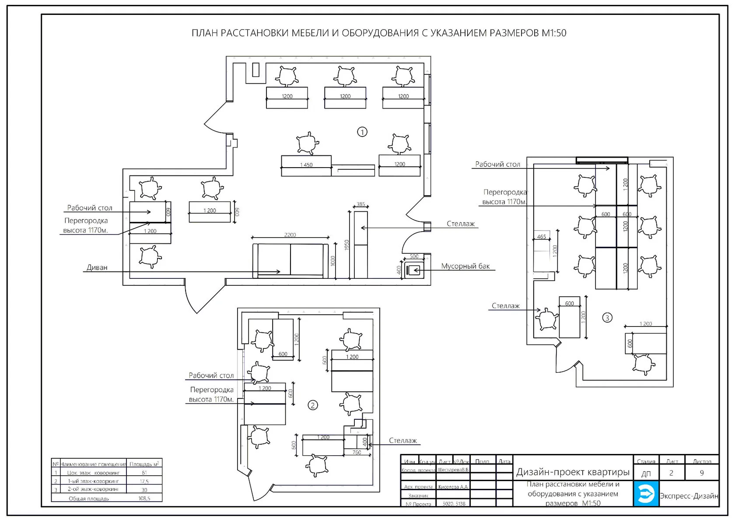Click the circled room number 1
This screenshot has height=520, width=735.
pyautogui.click(x=362, y=132)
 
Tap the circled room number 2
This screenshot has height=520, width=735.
pyautogui.click(x=313, y=405)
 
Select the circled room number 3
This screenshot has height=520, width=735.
pyautogui.click(x=607, y=318)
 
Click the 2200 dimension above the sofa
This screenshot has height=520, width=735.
pyautogui.click(x=290, y=235)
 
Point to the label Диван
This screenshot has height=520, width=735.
pyautogui.click(x=97, y=267)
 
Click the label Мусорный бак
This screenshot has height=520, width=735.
pyautogui.click(x=465, y=266)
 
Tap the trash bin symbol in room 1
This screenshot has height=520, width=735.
pyautogui.click(x=414, y=271)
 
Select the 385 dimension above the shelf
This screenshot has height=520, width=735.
pyautogui.click(x=360, y=204)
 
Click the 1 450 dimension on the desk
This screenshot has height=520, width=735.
pyautogui.click(x=306, y=165)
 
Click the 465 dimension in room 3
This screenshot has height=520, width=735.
pyautogui.click(x=542, y=237)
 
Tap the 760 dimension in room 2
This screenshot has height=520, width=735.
pyautogui.click(x=357, y=453)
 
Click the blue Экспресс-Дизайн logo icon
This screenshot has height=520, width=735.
pyautogui.click(x=646, y=494)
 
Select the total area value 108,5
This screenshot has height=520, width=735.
pyautogui.click(x=144, y=499)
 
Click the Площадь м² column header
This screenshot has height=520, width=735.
pyautogui.click(x=144, y=464)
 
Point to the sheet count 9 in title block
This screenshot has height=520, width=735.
pyautogui.click(x=702, y=473)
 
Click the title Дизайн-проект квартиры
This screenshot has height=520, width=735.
pyautogui.click(x=573, y=472)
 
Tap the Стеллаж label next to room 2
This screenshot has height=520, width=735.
pyautogui.click(x=403, y=441)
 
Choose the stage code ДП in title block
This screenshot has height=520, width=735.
pyautogui.click(x=646, y=474)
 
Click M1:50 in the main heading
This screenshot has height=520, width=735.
pyautogui.click(x=554, y=33)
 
